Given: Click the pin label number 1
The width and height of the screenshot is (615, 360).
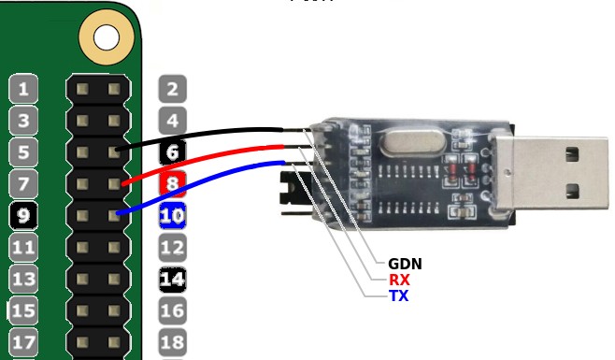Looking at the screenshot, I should [23, 90].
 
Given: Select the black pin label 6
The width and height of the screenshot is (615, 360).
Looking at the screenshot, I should [172, 152].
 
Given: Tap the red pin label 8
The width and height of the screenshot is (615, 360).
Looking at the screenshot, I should [172, 183].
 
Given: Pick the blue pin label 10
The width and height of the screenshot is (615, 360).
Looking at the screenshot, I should [172, 216].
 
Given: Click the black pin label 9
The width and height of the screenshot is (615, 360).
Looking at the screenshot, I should [23, 216].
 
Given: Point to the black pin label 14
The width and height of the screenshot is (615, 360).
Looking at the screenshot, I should [172, 279].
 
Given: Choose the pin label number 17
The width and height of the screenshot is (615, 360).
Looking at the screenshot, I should [23, 341].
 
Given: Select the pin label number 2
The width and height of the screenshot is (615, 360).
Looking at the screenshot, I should [172, 90].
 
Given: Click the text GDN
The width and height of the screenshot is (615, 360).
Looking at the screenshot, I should [405, 264].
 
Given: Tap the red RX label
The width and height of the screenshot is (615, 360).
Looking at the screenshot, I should [399, 280].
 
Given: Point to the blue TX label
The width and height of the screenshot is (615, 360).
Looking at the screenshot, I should [399, 295].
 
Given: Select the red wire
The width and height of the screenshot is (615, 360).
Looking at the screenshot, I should [206, 156].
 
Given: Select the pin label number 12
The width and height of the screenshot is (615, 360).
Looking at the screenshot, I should [172, 248].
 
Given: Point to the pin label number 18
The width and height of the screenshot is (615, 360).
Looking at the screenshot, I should [172, 341].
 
